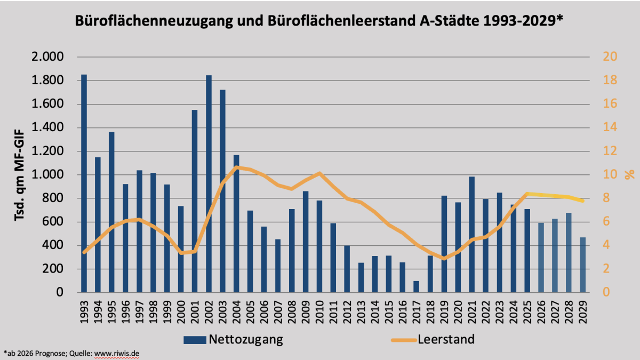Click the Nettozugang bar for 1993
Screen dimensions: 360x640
click(84, 183)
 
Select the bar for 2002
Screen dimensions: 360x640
click(209, 184)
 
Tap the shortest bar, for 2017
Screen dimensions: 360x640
click(417, 286)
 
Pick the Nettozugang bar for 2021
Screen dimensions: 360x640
click(471, 235)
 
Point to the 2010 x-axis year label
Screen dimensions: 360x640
click(319, 307)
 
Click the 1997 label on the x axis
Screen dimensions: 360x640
click(140, 307)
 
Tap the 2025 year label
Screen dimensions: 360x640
click(527, 307)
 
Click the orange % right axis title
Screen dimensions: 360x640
click(629, 174)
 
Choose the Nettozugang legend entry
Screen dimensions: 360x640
click(233, 339)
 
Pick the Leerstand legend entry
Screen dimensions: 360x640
click(432, 339)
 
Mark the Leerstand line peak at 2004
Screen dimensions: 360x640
click(236, 167)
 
